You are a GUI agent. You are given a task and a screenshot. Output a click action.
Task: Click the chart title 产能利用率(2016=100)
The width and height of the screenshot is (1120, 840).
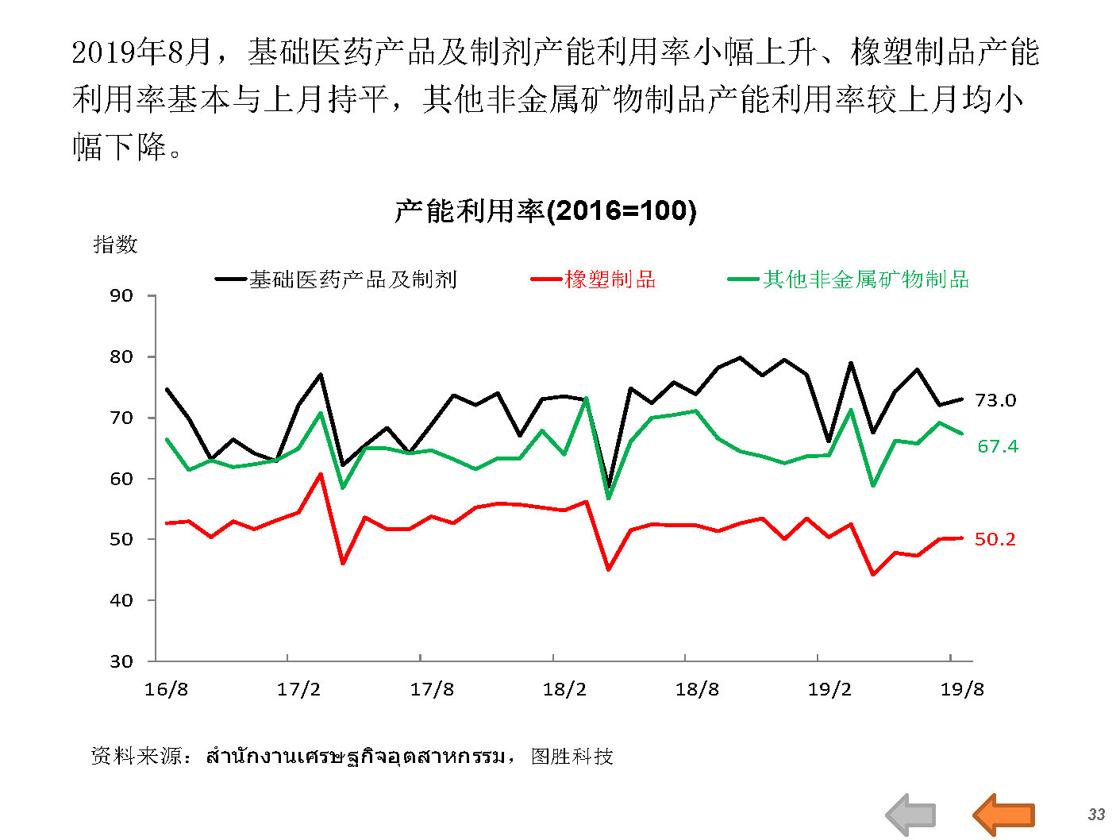tap(545, 210)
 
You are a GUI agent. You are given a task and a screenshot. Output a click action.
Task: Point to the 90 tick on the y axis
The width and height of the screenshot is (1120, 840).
tap(121, 296)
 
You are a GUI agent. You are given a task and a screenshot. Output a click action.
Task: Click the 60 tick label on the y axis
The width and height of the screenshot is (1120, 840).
tap(121, 479)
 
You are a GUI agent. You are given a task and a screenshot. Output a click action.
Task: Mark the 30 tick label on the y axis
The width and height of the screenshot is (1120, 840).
tap(121, 661)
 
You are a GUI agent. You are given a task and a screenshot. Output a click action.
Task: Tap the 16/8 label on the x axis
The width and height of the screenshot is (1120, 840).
tap(166, 689)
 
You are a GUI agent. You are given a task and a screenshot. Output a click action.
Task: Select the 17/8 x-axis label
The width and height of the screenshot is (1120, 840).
tap(432, 689)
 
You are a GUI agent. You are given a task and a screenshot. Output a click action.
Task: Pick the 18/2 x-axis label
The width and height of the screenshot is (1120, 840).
tap(564, 689)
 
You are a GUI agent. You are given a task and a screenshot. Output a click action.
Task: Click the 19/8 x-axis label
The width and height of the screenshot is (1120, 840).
tap(962, 689)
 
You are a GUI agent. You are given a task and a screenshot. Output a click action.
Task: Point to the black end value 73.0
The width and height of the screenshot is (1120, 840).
tap(995, 400)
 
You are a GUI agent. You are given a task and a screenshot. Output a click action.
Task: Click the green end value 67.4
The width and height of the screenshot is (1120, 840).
tap(998, 446)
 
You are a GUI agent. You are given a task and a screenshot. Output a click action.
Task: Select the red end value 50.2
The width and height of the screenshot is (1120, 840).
tap(995, 540)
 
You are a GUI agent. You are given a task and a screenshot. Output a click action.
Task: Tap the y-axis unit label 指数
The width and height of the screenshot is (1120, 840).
tap(116, 245)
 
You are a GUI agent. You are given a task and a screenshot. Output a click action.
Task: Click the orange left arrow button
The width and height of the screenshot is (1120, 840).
tap(1003, 815)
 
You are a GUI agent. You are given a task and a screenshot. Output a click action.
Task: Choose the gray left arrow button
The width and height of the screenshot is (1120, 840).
tap(911, 815)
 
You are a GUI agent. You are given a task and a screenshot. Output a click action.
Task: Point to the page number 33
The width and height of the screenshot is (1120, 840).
tap(1096, 815)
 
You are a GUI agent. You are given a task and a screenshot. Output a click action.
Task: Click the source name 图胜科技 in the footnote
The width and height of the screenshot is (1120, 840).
tap(572, 757)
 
